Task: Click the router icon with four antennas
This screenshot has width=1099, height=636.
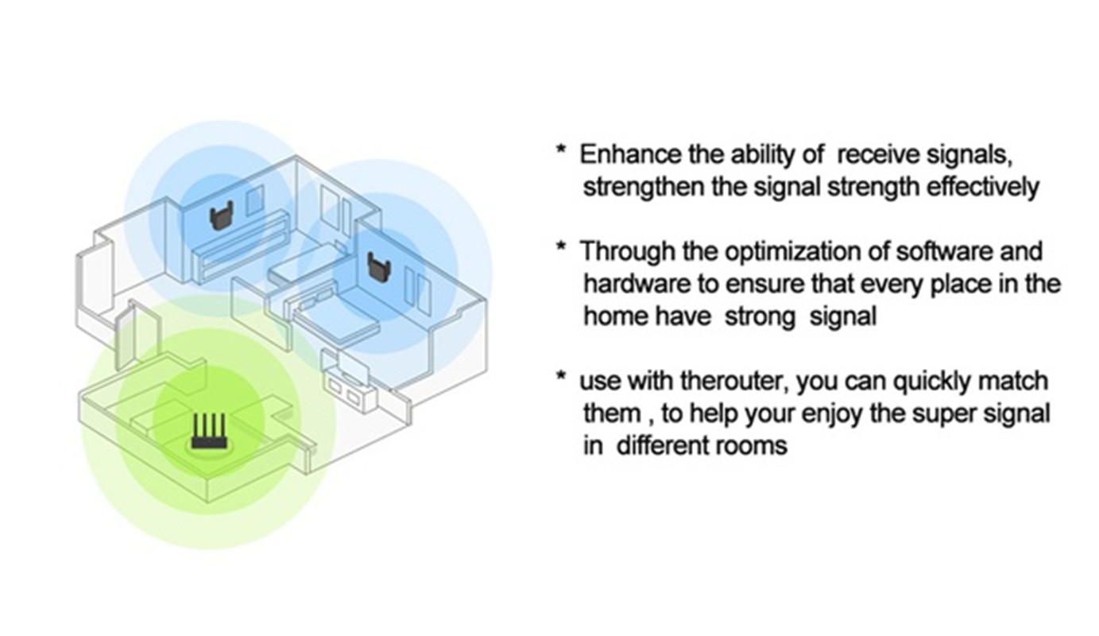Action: [x=210, y=432]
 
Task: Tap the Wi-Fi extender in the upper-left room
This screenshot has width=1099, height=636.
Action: [x=221, y=216]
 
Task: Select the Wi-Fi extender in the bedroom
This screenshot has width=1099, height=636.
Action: [x=379, y=267]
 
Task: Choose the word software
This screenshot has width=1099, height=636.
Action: [x=945, y=252]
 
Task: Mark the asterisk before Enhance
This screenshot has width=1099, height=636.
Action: [x=560, y=149]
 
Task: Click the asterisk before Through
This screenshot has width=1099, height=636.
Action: [x=560, y=246]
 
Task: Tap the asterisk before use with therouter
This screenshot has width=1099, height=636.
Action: [x=560, y=376]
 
